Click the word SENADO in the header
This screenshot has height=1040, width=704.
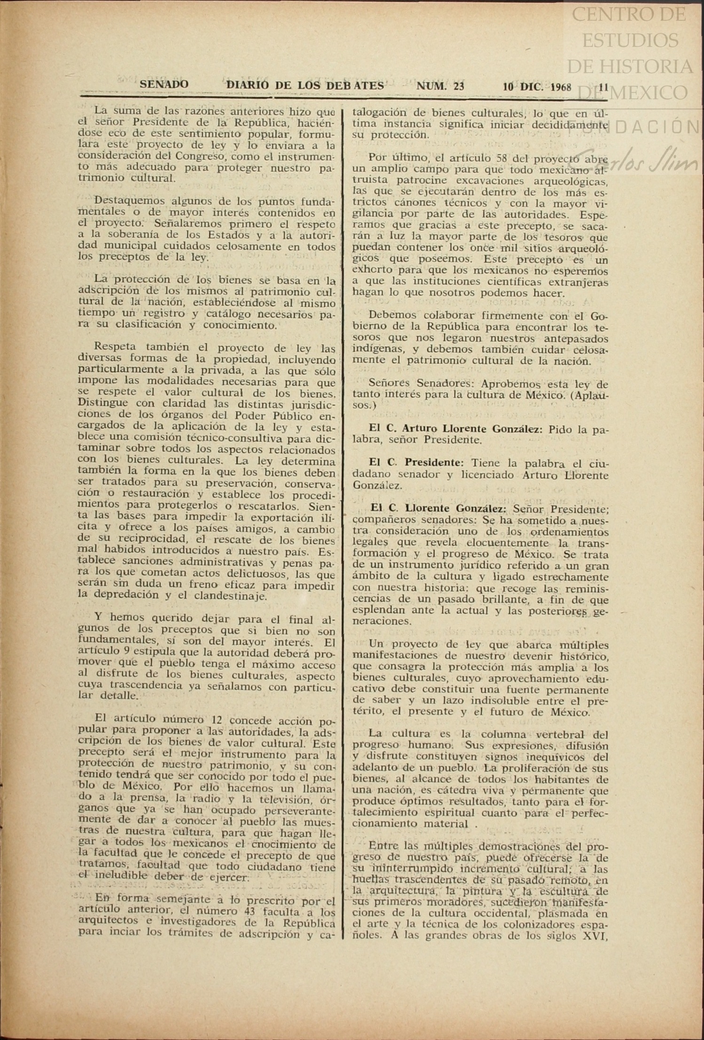click(x=164, y=85)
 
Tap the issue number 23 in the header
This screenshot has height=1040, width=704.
click(x=459, y=86)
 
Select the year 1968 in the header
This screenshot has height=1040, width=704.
click(x=561, y=87)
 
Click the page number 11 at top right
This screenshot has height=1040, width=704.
click(x=604, y=87)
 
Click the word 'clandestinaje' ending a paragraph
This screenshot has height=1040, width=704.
click(x=232, y=596)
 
